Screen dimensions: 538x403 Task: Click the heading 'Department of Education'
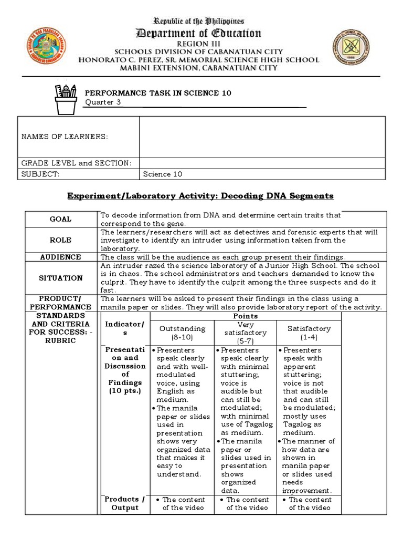(x=198, y=34)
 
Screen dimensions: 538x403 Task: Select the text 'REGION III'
(x=198, y=44)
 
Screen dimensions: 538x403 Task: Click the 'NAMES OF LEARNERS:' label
(x=65, y=137)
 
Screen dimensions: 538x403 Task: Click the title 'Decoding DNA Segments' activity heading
(x=200, y=196)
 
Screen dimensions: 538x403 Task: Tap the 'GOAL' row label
(x=61, y=219)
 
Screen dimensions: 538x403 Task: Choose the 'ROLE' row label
(x=61, y=240)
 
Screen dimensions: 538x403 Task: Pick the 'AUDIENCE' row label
(x=61, y=257)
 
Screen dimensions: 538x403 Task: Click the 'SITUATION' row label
(x=61, y=278)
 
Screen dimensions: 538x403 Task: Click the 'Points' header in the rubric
(x=245, y=316)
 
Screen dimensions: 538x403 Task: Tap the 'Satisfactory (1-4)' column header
(x=309, y=333)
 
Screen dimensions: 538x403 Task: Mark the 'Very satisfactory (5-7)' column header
(x=246, y=333)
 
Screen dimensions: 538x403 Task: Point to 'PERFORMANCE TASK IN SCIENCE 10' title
(x=158, y=93)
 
